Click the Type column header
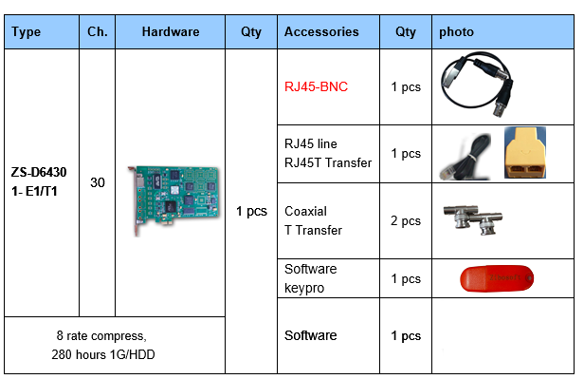27,31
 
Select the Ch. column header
97,31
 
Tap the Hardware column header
171,31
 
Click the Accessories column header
321,31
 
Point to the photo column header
456,31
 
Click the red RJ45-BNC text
316,86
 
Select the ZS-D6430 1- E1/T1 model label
39,181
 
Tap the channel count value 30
97,181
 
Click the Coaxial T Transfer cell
313,221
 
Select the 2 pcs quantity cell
406,221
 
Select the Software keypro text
311,277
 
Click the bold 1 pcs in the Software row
406,335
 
